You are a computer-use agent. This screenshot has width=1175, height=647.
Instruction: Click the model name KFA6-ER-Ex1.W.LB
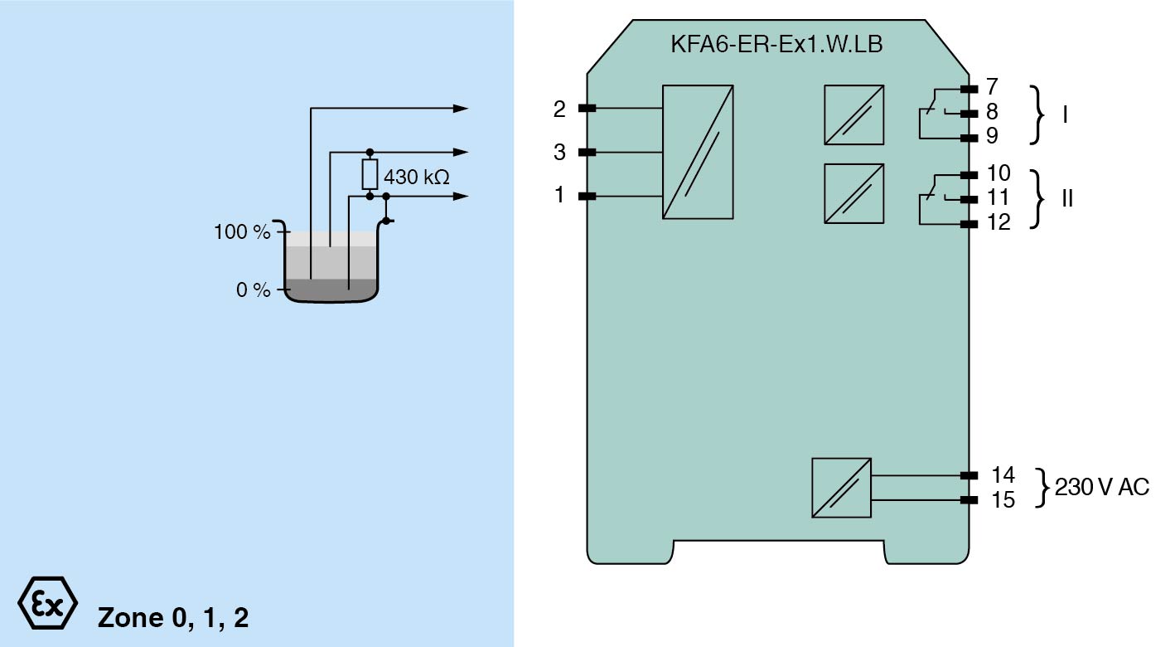point(776,45)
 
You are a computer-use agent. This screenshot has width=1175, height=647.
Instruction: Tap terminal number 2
point(560,109)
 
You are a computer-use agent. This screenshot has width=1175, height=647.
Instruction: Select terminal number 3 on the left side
point(560,153)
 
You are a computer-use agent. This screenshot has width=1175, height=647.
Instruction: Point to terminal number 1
point(560,197)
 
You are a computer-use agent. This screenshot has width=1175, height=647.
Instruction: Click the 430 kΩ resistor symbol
point(370,174)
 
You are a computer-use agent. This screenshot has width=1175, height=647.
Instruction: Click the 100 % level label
point(242,232)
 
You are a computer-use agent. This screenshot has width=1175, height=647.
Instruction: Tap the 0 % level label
point(253,291)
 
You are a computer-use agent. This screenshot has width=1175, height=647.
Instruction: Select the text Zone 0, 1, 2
point(172,618)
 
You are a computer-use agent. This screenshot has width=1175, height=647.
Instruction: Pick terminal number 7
point(992,86)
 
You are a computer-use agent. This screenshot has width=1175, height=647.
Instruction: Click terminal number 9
point(992,136)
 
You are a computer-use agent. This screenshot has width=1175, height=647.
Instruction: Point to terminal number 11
point(999,198)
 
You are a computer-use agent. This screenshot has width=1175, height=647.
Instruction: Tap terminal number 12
point(999,223)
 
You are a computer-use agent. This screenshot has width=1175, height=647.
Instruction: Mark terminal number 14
point(1003,475)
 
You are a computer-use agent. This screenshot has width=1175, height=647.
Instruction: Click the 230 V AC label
point(1101,488)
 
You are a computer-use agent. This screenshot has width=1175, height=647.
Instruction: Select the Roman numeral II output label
point(1067,199)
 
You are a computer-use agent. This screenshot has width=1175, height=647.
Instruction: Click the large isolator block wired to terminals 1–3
point(698,152)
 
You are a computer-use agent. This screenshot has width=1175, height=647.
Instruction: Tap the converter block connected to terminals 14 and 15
point(841,488)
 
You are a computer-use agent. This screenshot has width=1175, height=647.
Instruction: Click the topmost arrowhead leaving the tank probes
point(461,108)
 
